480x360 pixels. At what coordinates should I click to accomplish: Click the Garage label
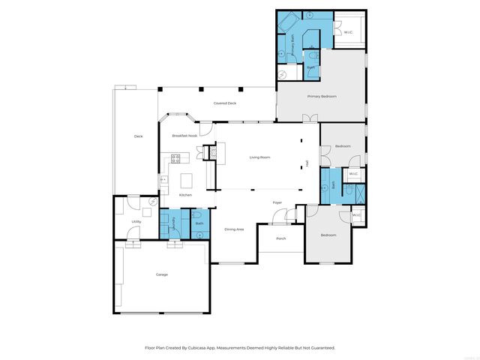point(161,274)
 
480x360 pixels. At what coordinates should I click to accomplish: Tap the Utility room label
point(136,222)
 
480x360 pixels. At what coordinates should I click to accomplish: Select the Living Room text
point(259,157)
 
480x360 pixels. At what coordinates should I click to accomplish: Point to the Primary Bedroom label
point(322,97)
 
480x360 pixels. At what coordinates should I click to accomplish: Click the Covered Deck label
point(225,103)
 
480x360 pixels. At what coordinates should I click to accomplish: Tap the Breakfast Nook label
point(184,136)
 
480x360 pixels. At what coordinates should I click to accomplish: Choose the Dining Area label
point(234,229)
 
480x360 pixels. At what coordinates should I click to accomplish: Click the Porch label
point(280,239)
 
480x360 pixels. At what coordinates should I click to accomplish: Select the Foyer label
point(277,202)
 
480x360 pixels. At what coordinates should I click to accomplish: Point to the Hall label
point(307,163)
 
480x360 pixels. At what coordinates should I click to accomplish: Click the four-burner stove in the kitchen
point(176,158)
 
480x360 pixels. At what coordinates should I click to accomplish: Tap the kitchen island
point(187,181)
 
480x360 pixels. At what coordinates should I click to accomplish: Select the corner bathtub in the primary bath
point(288,22)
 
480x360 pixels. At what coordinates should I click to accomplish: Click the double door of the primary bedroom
point(310,118)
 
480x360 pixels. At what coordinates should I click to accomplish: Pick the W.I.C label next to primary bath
point(347,31)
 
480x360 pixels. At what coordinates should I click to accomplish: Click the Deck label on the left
point(138,136)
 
